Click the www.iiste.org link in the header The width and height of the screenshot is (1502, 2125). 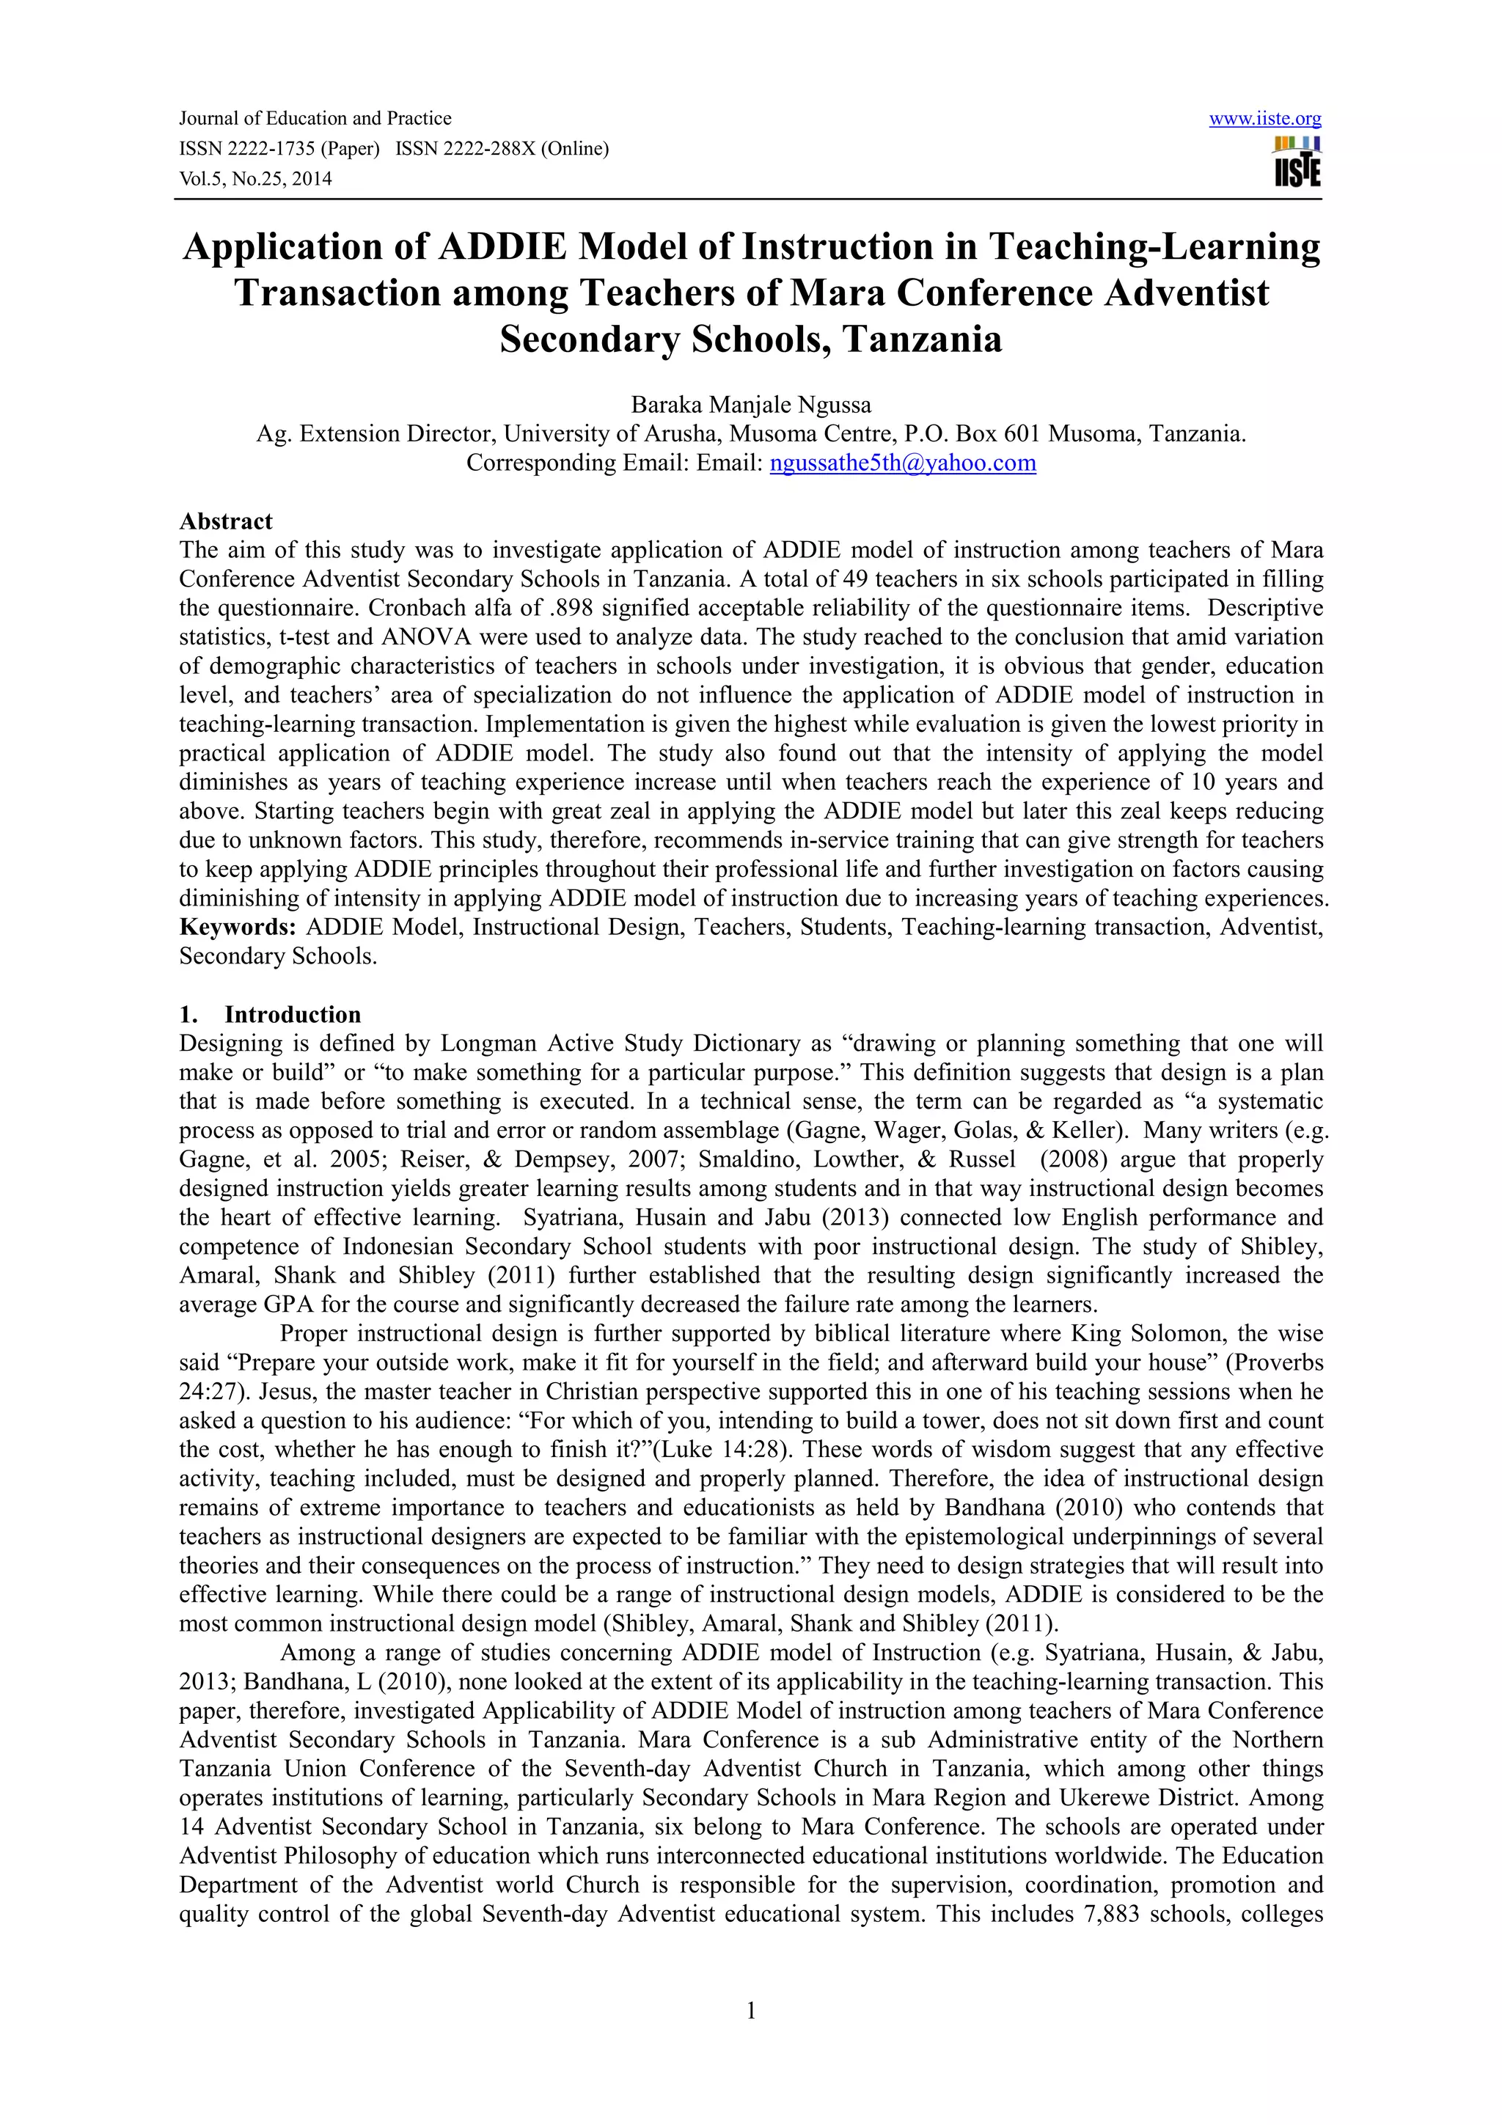tap(1264, 119)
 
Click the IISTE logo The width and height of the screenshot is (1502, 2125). tap(1297, 163)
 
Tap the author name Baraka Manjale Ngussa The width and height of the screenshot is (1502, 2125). tap(750, 405)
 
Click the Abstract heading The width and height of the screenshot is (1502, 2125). tap(226, 521)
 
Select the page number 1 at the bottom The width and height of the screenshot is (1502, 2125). tap(750, 2009)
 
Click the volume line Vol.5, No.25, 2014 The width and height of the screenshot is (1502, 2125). tap(255, 179)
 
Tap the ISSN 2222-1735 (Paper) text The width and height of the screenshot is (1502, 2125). tap(279, 149)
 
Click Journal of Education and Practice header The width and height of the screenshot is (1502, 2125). tap(315, 119)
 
